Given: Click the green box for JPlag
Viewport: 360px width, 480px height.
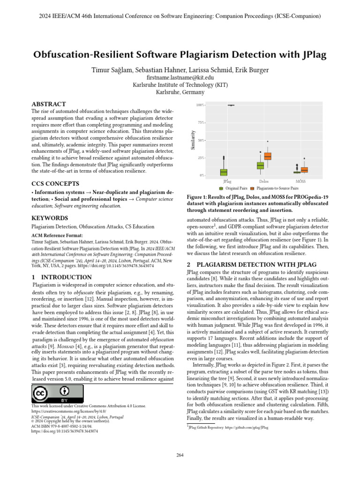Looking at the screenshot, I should click(224, 172).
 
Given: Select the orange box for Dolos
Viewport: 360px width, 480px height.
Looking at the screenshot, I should click(268, 156).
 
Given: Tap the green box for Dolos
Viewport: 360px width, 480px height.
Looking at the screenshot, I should click(260, 165).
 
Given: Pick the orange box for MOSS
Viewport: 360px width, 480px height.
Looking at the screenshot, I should click(304, 170).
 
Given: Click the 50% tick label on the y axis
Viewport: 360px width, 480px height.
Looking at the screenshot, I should click(200, 140).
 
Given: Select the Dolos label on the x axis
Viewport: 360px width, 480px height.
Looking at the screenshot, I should click(264, 181).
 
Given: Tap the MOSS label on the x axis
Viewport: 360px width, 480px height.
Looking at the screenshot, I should click(300, 181).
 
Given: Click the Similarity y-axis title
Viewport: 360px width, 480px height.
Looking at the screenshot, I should click(193, 140).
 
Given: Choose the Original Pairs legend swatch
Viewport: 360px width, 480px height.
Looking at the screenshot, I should click(222, 188).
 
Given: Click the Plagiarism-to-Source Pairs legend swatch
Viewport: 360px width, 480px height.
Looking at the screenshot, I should click(252, 188).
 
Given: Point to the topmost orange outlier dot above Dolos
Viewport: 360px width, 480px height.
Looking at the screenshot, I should click(268, 141).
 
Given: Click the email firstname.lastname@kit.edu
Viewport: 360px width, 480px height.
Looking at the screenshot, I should click(180, 77).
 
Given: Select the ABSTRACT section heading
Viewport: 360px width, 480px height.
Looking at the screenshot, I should click(48, 104).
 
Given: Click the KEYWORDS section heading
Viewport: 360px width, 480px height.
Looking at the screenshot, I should click(49, 218).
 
